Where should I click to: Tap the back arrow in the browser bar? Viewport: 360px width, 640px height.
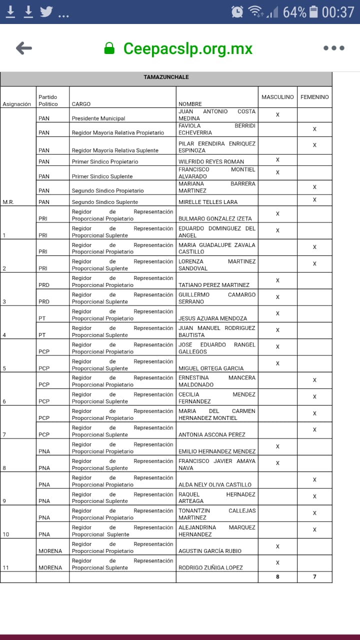[x=24, y=48]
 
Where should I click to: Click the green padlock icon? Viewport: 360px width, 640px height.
[x=109, y=48]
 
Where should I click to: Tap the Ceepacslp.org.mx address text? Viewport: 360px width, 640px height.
[x=187, y=48]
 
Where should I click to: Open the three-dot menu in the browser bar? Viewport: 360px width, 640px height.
[x=333, y=48]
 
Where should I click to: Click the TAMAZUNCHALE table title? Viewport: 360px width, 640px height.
[x=166, y=77]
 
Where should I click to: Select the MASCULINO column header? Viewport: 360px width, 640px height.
[x=277, y=97]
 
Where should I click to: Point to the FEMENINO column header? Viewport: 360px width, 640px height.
[x=314, y=97]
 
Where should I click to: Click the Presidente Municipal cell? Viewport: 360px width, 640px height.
[x=98, y=118]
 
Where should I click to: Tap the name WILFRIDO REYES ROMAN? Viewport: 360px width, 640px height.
[x=211, y=161]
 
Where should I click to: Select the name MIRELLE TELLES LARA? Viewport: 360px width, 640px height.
[x=208, y=202]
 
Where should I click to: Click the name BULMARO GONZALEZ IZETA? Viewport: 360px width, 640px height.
[x=215, y=218]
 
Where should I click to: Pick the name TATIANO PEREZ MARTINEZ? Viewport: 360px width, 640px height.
[x=213, y=285]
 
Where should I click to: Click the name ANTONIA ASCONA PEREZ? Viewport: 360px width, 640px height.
[x=210, y=434]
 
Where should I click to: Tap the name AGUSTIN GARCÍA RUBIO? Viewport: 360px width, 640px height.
[x=210, y=551]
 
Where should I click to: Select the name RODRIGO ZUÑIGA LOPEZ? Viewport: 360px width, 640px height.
[x=210, y=567]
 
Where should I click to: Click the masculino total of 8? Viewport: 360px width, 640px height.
[x=277, y=577]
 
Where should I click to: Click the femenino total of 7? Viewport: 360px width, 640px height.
[x=314, y=577]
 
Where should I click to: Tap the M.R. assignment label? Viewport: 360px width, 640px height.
[x=8, y=202]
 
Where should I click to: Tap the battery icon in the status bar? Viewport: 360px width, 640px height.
[x=313, y=11]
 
